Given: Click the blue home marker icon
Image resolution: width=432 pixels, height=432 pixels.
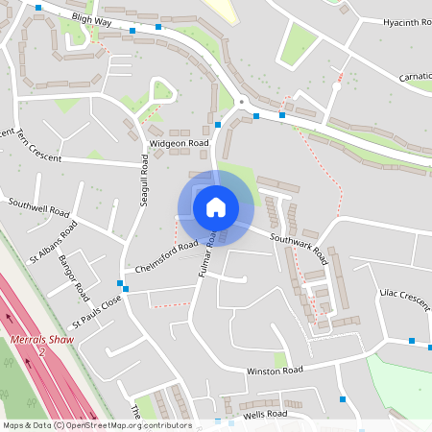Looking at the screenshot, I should pos(216,207).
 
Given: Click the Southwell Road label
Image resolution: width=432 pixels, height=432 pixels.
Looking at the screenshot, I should pos(38,208).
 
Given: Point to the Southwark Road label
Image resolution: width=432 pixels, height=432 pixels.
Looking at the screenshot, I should pos(298,250).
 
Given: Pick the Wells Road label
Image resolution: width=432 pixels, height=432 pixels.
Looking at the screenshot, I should pos(264,415).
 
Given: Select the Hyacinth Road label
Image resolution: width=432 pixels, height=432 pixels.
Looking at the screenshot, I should pos(406,22).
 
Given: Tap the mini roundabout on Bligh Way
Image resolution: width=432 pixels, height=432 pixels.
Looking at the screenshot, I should pos(242,101).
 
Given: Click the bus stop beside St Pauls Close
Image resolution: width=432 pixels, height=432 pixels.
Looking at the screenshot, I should pos(124,285).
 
